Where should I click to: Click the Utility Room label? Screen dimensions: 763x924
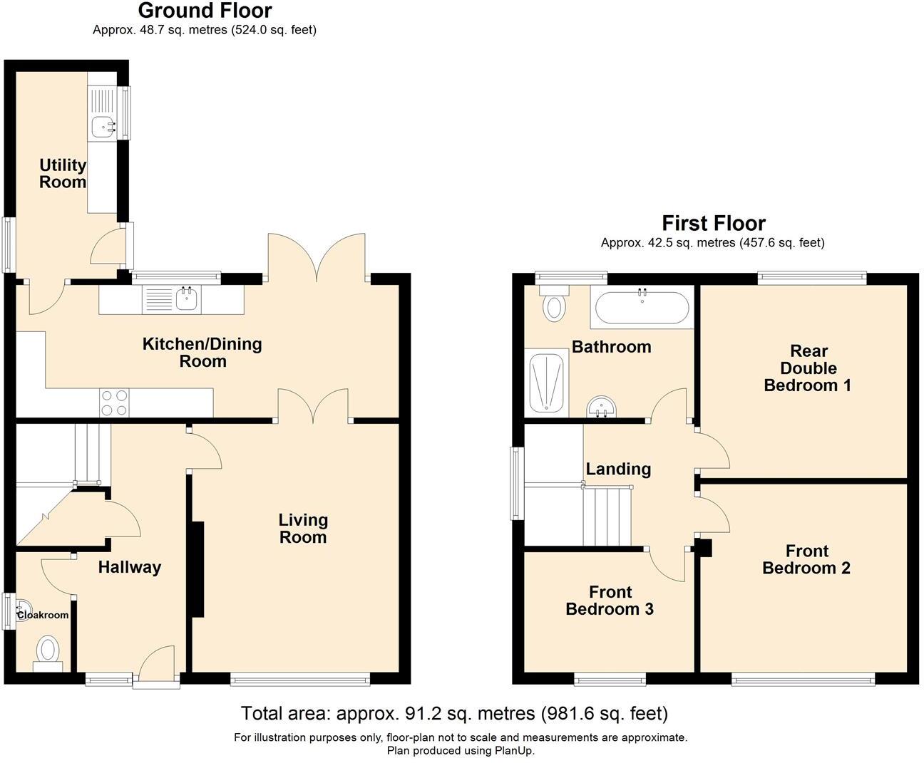pos(63,174)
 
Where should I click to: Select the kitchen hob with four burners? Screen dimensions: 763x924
pos(114,403)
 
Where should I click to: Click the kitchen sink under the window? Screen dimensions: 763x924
pos(187,299)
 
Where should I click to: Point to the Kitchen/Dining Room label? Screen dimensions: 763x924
pos(202,353)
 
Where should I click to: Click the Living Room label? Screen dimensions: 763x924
pos(303,529)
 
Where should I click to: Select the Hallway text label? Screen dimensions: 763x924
pos(130,567)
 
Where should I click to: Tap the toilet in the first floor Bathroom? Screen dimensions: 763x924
pos(553,303)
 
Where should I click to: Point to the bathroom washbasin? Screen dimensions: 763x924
pos(602,408)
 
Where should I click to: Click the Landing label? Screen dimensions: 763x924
pos(618,469)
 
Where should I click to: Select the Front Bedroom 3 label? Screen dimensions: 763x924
pos(610,601)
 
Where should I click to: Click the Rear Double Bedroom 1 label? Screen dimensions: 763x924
pos(808,368)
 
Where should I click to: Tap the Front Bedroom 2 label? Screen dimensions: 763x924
pos(806,559)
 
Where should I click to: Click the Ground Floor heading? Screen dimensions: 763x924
pos(205,11)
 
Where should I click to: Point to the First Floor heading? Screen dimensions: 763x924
pos(713,223)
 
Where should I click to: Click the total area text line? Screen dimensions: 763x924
pos(454,713)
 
